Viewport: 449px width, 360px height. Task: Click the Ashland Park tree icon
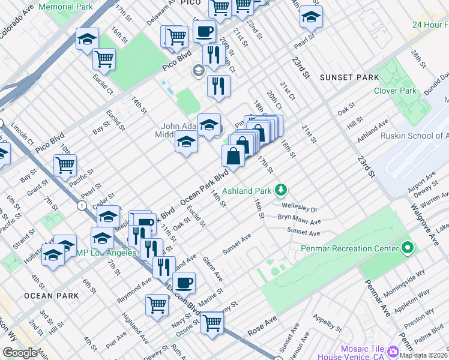[280, 191]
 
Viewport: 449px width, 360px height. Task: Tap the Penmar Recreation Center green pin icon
[408, 247]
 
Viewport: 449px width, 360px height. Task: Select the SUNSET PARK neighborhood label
[349, 77]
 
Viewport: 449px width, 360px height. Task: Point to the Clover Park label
[395, 91]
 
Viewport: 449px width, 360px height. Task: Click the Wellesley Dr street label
[299, 209]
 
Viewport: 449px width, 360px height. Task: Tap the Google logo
[20, 353]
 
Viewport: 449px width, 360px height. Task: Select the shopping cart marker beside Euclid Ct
[104, 59]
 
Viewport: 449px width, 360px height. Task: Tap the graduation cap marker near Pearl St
[311, 17]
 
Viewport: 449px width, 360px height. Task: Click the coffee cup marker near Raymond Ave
[184, 282]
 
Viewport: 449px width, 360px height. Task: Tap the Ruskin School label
[415, 136]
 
